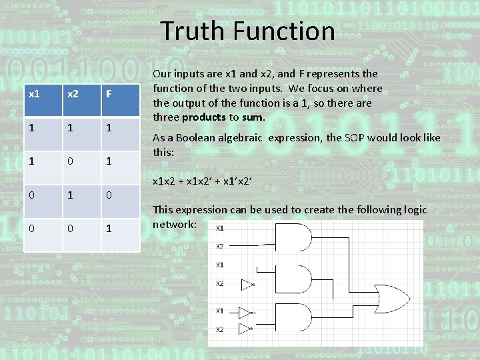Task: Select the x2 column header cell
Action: [x=71, y=94]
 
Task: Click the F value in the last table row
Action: [x=107, y=228]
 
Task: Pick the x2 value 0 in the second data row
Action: [x=71, y=161]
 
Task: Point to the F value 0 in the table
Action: [x=107, y=194]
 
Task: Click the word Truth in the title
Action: [x=195, y=31]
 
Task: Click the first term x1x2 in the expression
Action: [x=164, y=181]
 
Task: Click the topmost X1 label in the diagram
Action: [x=219, y=228]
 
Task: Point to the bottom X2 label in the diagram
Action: [x=219, y=329]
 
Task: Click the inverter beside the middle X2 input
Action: [x=247, y=285]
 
